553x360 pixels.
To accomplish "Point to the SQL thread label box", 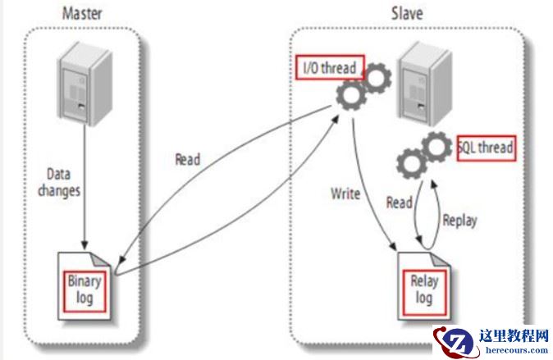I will [487, 148].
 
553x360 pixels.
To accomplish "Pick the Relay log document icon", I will [423, 288].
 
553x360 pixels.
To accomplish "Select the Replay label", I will [460, 221].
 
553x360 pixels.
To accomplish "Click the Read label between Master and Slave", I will [188, 158].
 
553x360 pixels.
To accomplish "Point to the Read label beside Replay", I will [399, 202].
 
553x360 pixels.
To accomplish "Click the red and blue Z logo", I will [457, 341].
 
